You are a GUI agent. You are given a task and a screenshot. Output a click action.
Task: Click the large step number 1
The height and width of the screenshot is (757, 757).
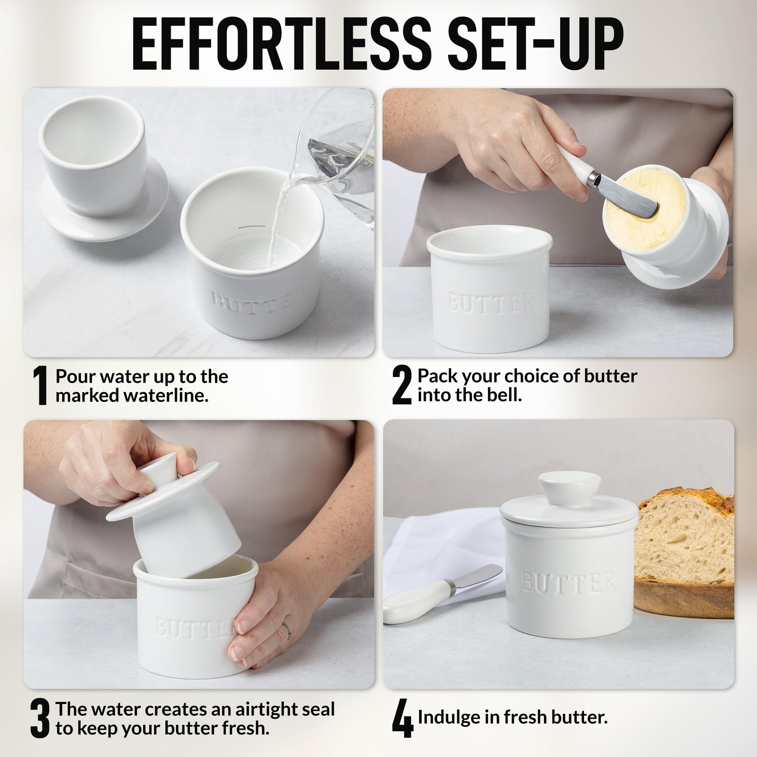[x=40, y=386]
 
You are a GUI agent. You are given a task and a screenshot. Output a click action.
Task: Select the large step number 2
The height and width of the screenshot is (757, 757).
[x=402, y=386]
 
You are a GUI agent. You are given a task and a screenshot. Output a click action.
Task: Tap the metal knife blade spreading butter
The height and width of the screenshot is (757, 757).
[x=629, y=196]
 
